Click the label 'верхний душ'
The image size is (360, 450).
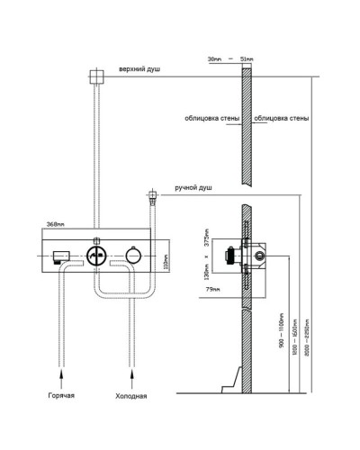(x=139, y=69)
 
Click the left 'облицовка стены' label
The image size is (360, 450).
(x=210, y=117)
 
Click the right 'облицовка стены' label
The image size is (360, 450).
(x=281, y=117)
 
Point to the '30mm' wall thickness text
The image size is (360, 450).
(x=212, y=60)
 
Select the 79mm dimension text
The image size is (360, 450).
(x=211, y=290)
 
